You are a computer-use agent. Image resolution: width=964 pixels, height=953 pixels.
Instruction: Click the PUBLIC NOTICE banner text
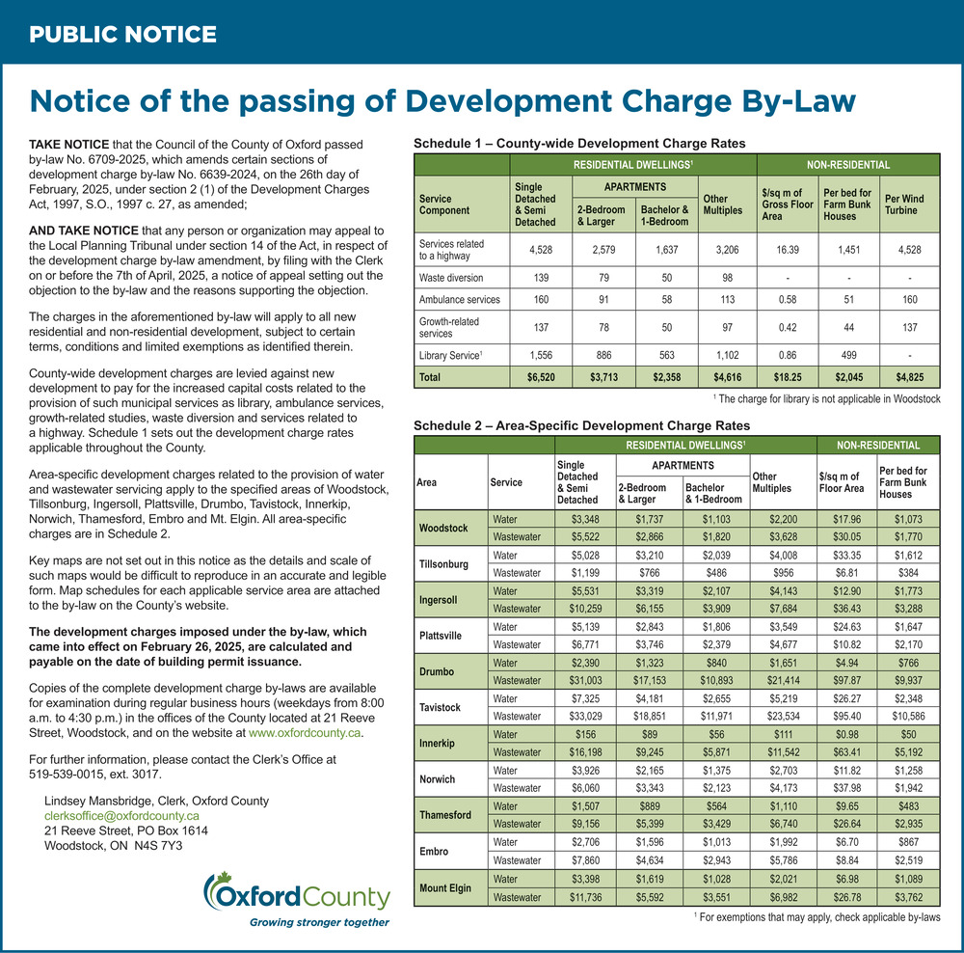click(x=123, y=34)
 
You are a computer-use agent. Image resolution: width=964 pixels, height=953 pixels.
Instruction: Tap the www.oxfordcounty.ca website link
click(x=305, y=733)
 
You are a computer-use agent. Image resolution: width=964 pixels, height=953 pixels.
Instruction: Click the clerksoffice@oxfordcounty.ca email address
click(x=121, y=815)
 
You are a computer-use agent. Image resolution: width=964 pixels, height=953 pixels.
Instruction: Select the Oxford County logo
click(x=297, y=892)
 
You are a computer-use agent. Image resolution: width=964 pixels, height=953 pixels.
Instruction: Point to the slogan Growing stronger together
click(x=319, y=921)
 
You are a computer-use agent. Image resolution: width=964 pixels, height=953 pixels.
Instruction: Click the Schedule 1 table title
click(x=579, y=144)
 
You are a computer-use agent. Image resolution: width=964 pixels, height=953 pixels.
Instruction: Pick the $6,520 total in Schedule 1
click(x=541, y=377)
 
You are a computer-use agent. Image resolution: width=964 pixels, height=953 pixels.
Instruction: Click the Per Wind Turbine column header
click(x=904, y=204)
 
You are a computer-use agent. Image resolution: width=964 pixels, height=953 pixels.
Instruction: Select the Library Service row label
click(x=450, y=355)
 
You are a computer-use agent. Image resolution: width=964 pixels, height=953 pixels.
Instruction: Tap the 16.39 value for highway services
click(x=788, y=250)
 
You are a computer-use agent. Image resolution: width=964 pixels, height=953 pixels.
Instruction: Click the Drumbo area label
click(x=437, y=671)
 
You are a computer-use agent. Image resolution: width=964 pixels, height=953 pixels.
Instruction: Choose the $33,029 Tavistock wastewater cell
click(x=585, y=716)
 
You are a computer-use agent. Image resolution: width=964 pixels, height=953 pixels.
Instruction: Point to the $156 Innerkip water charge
click(x=585, y=734)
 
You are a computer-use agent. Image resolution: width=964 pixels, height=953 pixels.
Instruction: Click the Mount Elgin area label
click(x=445, y=887)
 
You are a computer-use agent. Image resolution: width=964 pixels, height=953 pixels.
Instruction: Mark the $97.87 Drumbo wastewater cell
click(x=846, y=680)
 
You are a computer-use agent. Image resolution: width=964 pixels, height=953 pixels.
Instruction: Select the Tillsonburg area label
click(x=443, y=563)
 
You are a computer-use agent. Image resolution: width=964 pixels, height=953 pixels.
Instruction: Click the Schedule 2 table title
click(x=581, y=425)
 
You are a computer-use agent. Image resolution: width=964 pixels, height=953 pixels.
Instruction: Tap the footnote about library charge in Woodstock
click(x=827, y=398)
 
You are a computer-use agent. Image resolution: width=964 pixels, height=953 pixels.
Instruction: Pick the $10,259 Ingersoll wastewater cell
click(x=585, y=609)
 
